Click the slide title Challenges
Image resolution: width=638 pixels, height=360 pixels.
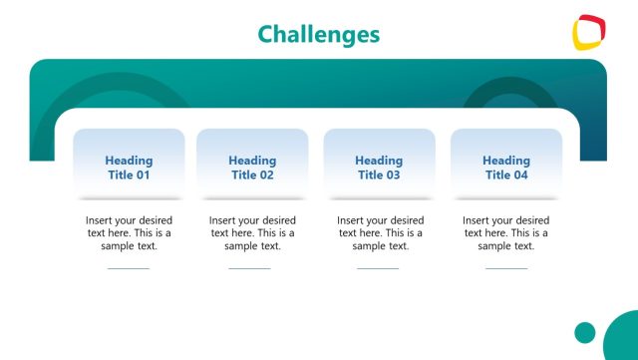[x=318, y=34]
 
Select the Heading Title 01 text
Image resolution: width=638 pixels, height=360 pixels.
[x=129, y=168]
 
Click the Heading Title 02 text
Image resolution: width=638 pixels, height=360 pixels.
[x=252, y=168]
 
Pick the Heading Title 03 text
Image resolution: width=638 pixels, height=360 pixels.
[x=379, y=168]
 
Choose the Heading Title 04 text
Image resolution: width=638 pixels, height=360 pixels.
[x=506, y=168]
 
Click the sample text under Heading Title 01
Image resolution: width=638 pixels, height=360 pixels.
[x=129, y=232]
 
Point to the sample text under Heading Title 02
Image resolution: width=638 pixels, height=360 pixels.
[x=252, y=232]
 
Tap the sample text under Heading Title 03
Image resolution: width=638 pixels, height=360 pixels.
[x=379, y=232]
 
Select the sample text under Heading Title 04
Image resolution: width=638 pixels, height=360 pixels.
[x=506, y=232]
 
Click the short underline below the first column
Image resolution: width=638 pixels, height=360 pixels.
[x=129, y=268]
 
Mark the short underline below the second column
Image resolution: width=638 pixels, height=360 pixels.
[x=249, y=268]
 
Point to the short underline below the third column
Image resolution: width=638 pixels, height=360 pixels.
[x=378, y=268]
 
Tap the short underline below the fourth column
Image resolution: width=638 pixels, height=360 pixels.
[x=505, y=268]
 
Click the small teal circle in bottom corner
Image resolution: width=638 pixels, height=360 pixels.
[x=585, y=332]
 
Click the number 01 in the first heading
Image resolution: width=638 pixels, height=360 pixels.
[x=143, y=176]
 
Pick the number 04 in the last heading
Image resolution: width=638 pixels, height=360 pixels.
[x=520, y=176]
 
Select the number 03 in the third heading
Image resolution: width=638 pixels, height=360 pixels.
[x=393, y=176]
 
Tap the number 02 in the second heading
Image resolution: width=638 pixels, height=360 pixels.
[x=266, y=176]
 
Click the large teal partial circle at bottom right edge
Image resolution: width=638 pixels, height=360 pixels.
[x=624, y=339]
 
